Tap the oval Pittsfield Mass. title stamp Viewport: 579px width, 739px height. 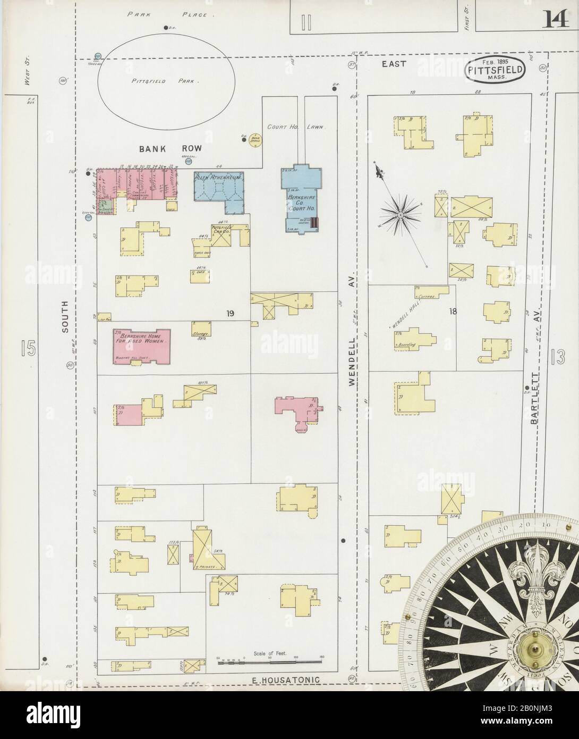[x=496, y=70]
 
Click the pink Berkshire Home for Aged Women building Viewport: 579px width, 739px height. [x=142, y=346]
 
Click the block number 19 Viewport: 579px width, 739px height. [x=229, y=313]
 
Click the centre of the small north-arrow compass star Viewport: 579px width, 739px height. [x=400, y=214]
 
